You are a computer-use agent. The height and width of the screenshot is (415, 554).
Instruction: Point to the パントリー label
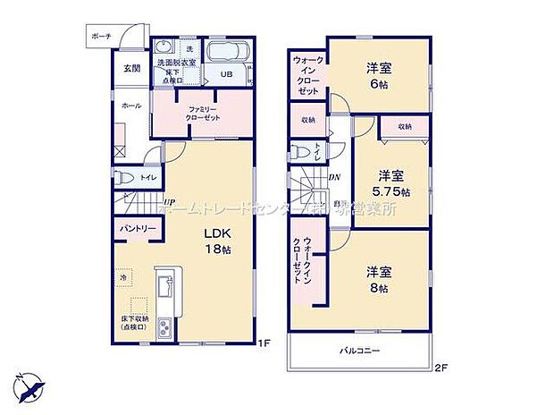[136, 230]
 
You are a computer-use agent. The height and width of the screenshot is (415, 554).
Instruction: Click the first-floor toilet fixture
[125, 177]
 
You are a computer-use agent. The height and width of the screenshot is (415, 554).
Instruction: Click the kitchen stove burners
[165, 329]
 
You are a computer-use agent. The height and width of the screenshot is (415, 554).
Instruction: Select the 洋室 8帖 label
[378, 280]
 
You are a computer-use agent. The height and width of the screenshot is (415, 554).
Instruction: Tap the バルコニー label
[361, 351]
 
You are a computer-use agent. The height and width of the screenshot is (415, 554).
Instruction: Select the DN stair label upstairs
[333, 177]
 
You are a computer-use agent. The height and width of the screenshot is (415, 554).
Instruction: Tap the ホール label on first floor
[131, 106]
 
